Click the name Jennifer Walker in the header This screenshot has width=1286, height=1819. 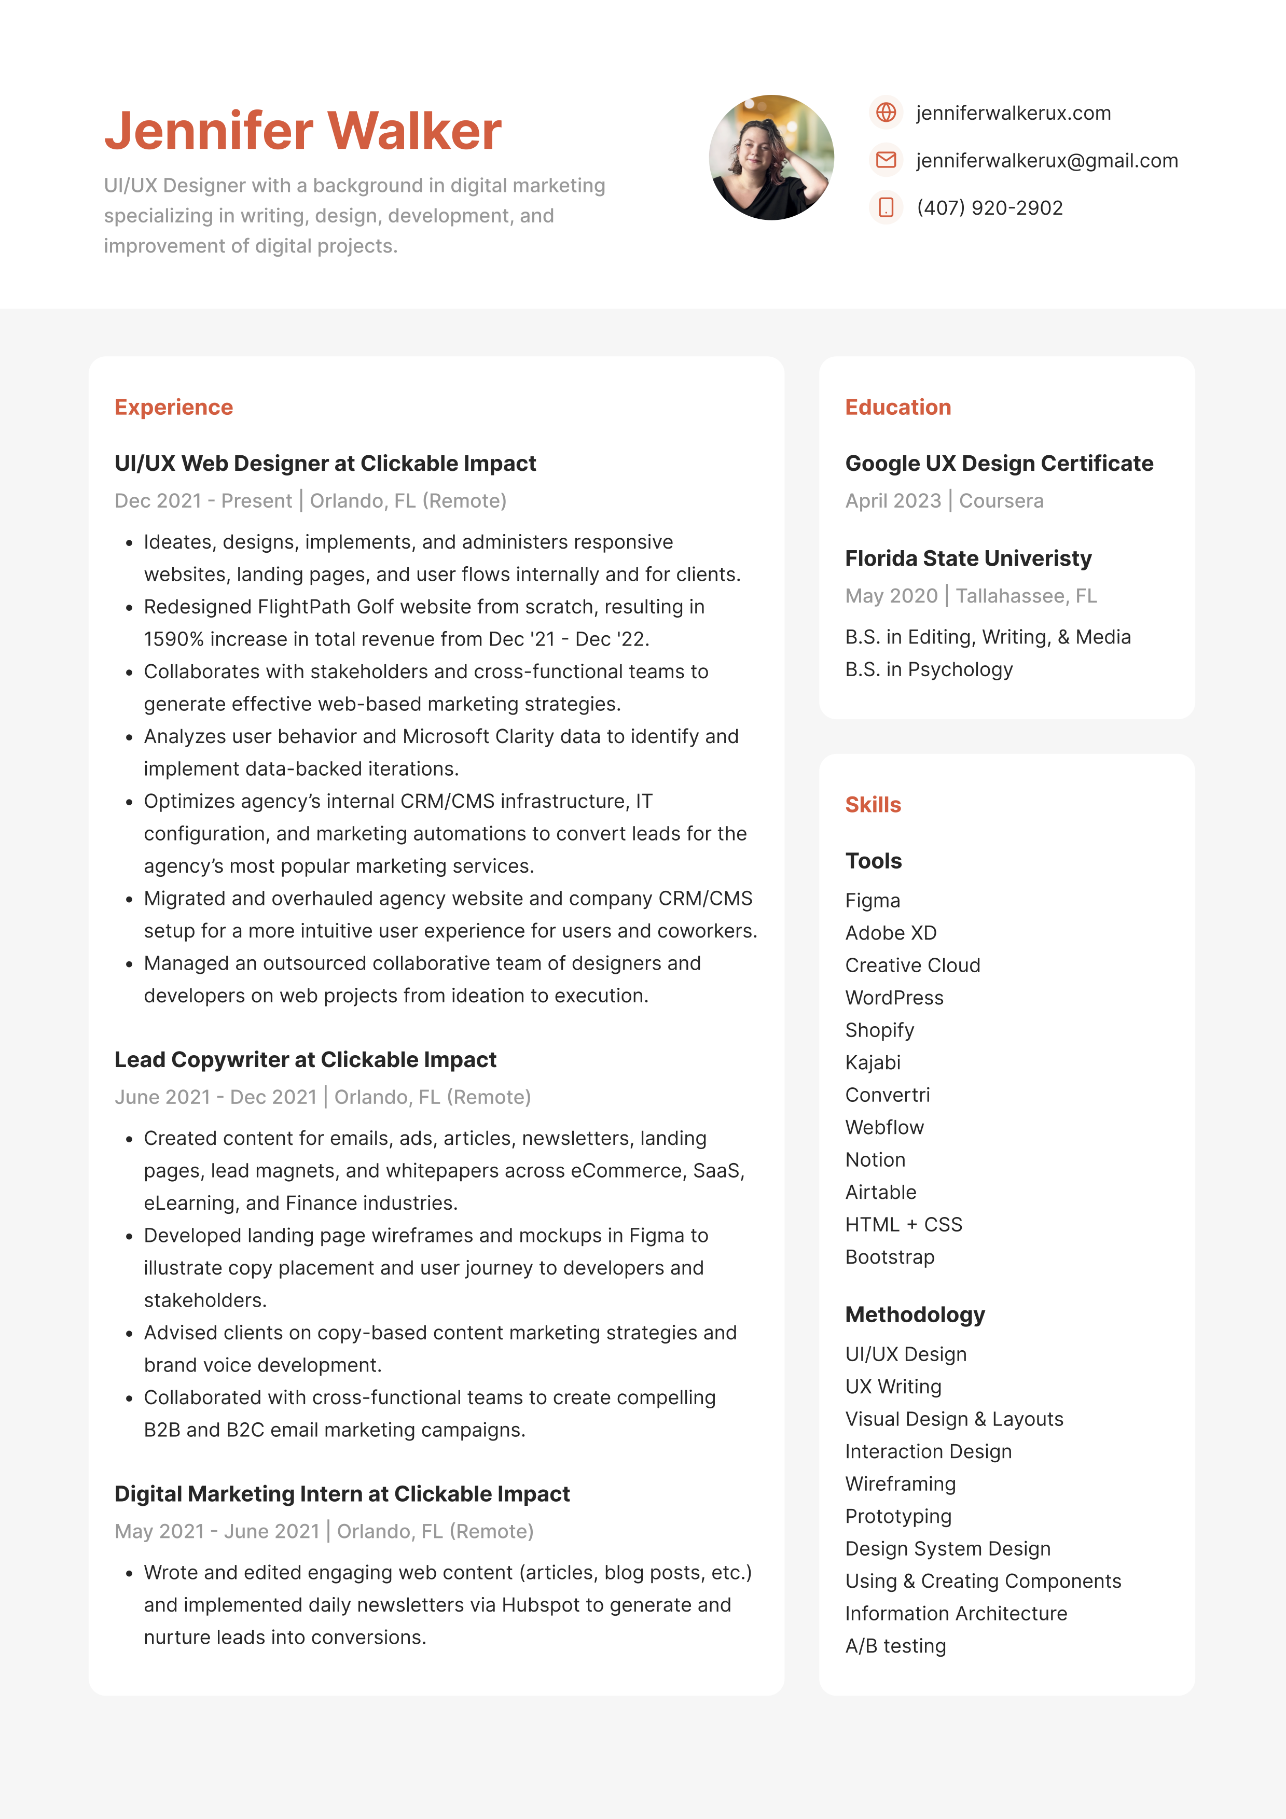pyautogui.click(x=302, y=131)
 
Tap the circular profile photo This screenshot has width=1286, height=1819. pyautogui.click(x=771, y=158)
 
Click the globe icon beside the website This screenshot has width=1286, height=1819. pyautogui.click(x=886, y=113)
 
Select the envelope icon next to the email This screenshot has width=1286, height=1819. pyautogui.click(x=886, y=160)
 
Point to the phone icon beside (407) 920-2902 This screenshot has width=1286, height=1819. pyautogui.click(x=886, y=207)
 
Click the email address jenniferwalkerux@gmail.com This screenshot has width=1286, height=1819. pyautogui.click(x=1047, y=161)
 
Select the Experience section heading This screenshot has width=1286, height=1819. pyautogui.click(x=174, y=407)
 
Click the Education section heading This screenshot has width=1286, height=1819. pyautogui.click(x=898, y=407)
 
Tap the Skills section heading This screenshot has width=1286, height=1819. pyautogui.click(x=873, y=805)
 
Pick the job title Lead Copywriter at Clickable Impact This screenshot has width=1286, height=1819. pyautogui.click(x=305, y=1060)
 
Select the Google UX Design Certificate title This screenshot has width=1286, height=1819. pyautogui.click(x=999, y=464)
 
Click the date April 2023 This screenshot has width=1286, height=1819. pyautogui.click(x=893, y=501)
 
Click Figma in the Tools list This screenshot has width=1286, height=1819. pyautogui.click(x=873, y=901)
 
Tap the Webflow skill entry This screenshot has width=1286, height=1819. pyautogui.click(x=884, y=1127)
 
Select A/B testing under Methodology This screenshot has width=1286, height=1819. pyautogui.click(x=895, y=1646)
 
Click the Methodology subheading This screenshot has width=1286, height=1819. pyautogui.click(x=915, y=1315)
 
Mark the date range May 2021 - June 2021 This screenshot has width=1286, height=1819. pyautogui.click(x=216, y=1531)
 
